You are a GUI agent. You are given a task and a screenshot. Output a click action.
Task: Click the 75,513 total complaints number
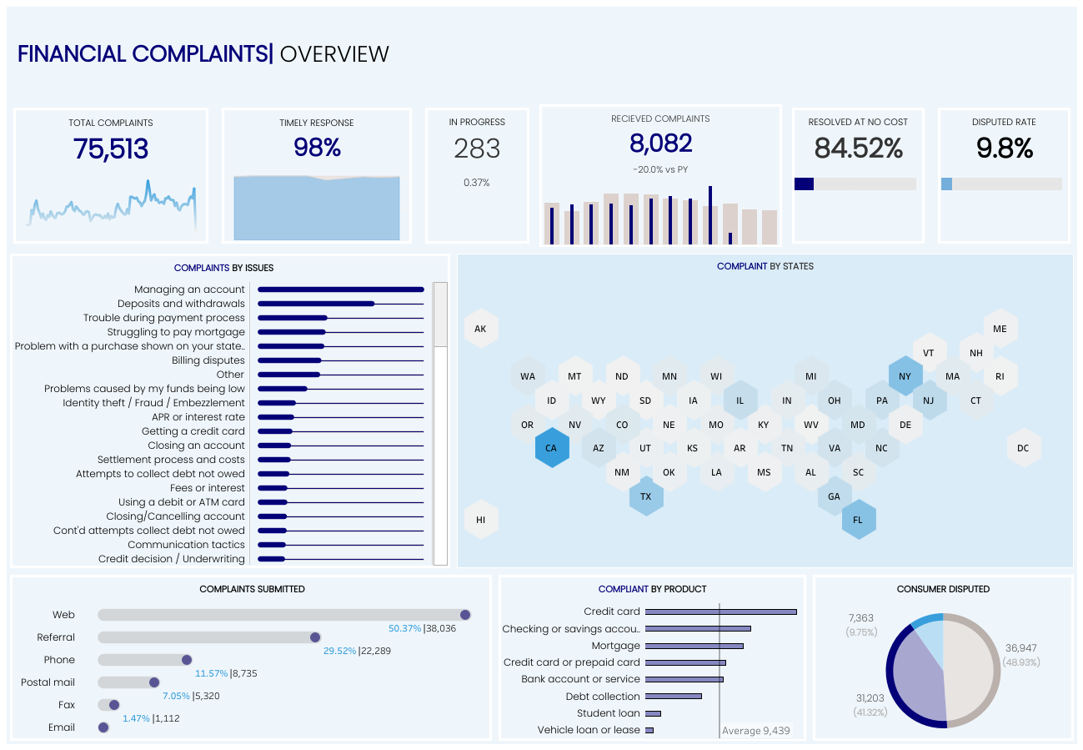(x=111, y=149)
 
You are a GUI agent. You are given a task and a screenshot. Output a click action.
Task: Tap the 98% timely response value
(x=317, y=148)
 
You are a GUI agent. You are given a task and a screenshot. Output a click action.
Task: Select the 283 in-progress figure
(x=477, y=149)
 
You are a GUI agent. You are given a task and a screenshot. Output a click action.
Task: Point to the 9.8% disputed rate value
(x=1004, y=148)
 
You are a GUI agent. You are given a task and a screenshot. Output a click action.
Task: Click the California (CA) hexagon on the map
(x=551, y=448)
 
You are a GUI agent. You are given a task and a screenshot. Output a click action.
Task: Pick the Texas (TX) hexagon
(x=645, y=496)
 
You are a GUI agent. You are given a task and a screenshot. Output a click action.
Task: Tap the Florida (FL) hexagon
(x=858, y=519)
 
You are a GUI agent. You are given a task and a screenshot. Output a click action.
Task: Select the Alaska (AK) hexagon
(x=480, y=329)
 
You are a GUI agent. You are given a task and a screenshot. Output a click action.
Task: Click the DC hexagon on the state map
(x=1023, y=448)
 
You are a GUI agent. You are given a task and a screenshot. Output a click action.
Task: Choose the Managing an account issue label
(x=189, y=289)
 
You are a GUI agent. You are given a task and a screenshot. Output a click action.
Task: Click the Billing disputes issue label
(x=208, y=360)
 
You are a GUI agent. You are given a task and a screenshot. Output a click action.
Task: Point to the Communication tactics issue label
(x=186, y=545)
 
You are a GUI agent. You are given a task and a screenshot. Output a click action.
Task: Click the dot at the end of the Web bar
(x=465, y=615)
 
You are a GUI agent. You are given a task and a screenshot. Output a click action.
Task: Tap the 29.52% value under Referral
(x=339, y=651)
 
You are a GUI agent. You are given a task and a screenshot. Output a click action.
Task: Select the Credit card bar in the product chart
(x=721, y=612)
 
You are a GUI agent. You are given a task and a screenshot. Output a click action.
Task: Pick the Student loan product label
(x=609, y=713)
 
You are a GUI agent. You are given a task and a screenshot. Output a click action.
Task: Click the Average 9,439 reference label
(x=755, y=731)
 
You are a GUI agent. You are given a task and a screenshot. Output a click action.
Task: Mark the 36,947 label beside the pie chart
(x=1020, y=647)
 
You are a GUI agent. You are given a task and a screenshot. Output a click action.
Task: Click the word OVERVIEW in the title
(x=334, y=54)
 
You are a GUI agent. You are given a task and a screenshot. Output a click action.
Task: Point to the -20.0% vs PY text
(x=659, y=169)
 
